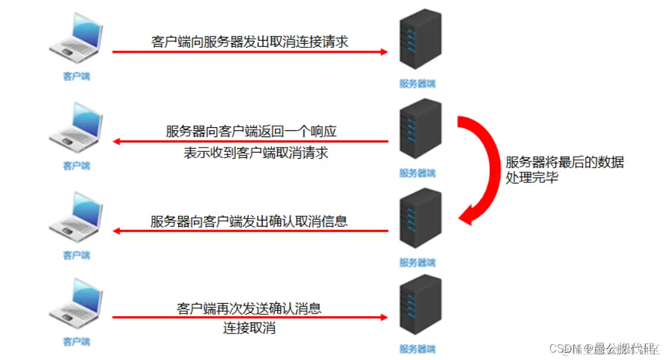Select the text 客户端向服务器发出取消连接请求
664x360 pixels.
point(250,42)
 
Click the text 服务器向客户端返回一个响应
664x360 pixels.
point(251,132)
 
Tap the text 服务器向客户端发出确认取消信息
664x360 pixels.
point(249,221)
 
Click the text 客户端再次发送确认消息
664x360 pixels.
point(249,308)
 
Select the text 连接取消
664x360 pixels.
point(249,328)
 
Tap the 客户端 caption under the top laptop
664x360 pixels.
point(77,77)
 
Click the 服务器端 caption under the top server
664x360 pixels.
point(418,83)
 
